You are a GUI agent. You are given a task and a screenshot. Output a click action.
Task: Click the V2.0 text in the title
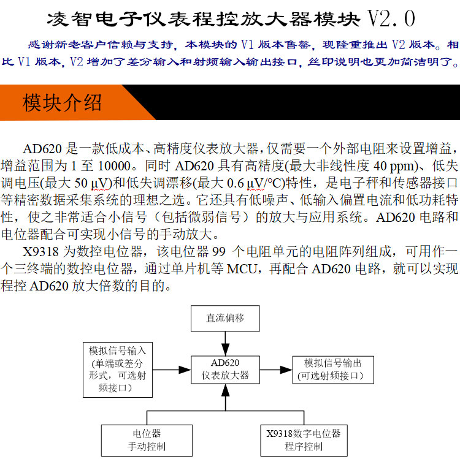point(391,18)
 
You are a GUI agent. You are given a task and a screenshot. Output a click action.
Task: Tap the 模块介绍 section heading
point(62,102)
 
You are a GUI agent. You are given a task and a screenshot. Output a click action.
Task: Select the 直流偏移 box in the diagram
point(225,319)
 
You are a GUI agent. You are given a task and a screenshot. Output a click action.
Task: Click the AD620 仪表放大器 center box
point(225,370)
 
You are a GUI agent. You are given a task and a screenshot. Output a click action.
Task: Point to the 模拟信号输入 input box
point(118,370)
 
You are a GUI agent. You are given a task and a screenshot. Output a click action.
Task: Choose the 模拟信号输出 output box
point(333,370)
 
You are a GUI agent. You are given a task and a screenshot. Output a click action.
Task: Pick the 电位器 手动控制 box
point(147,440)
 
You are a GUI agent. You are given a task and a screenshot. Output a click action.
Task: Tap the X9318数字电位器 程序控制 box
point(304,440)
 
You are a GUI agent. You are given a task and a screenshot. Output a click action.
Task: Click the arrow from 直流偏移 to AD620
point(225,344)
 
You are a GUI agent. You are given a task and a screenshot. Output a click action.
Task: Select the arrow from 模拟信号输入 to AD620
point(172,370)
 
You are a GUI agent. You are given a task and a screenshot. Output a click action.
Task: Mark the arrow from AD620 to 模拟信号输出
point(276,370)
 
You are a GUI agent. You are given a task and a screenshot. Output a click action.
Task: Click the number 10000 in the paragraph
point(114,166)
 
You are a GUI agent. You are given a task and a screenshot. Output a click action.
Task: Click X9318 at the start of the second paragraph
point(40,252)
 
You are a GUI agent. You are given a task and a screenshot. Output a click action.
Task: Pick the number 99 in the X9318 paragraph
point(219,252)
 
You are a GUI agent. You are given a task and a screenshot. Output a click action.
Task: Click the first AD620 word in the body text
point(42,149)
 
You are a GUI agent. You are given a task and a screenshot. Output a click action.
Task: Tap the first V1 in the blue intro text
point(247,45)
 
